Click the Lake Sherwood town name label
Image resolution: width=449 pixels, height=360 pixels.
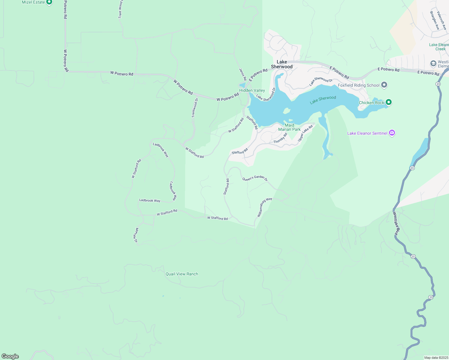click(x=282, y=64)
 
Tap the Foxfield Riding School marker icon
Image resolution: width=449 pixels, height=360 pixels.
click(x=384, y=85)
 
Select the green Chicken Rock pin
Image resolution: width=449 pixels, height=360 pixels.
click(x=389, y=102)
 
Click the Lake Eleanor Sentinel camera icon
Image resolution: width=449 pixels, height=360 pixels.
click(x=392, y=133)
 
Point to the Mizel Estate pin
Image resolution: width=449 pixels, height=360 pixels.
click(x=49, y=2)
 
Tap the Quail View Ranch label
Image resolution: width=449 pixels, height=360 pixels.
click(x=182, y=274)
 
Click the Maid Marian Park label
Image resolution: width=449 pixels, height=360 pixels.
click(x=289, y=127)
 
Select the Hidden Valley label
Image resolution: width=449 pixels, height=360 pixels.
click(x=252, y=90)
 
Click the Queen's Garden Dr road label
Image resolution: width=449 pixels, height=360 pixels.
click(x=255, y=178)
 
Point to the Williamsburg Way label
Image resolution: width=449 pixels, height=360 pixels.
click(x=264, y=207)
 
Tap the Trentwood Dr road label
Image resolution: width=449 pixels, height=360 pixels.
click(x=195, y=108)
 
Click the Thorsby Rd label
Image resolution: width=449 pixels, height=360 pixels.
click(x=280, y=138)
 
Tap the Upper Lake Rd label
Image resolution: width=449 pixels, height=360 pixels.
click(x=305, y=133)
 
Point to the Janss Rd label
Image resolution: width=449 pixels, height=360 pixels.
click(x=243, y=74)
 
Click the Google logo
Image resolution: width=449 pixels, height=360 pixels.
click(x=10, y=356)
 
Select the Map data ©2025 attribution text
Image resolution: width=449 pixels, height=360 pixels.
click(x=436, y=358)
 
